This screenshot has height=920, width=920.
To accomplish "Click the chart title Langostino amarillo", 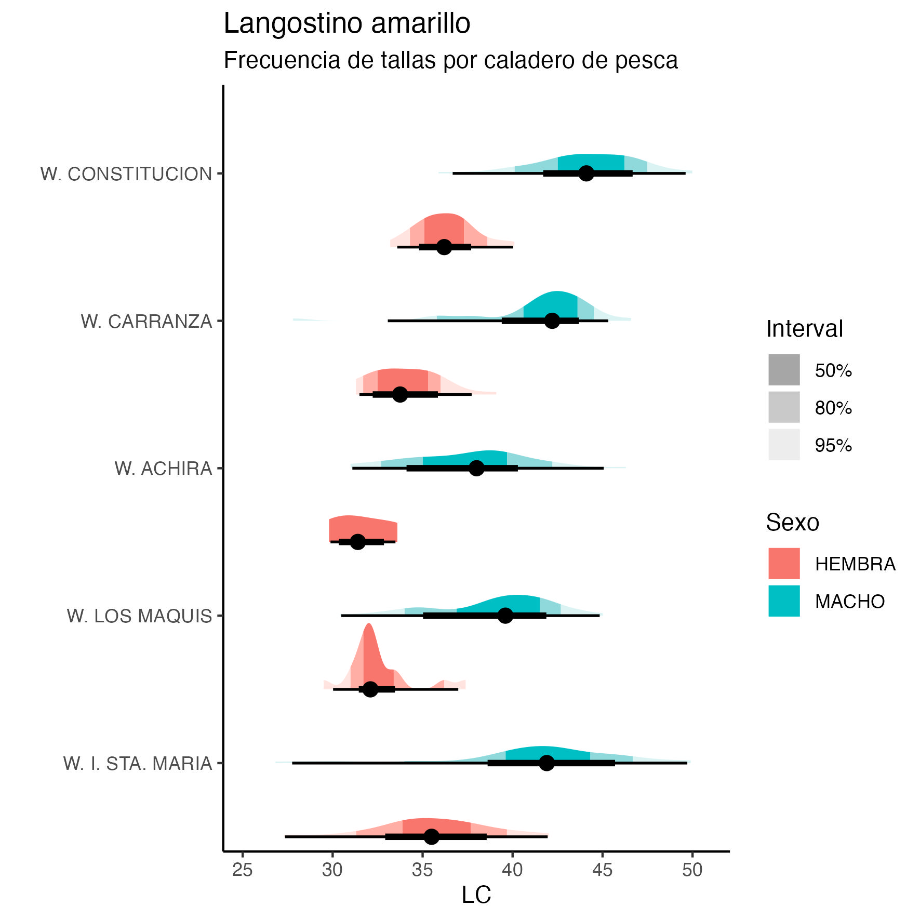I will pos(346,24).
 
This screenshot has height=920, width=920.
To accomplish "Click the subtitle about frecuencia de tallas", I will pos(450,61).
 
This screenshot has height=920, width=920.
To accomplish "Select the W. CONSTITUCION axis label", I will pos(126,174).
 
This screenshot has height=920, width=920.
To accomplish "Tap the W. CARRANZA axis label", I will pos(146,322).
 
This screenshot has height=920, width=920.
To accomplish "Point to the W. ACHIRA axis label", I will pos(163,469).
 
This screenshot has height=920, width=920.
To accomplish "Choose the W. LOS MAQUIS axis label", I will pos(139,616).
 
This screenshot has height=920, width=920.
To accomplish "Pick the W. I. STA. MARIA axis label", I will pos(138,764).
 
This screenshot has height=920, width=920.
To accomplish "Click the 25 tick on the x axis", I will pos(242,870).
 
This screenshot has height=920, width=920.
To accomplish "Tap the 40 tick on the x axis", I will pos(512,870).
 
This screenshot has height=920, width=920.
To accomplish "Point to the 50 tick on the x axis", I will pos(692,870).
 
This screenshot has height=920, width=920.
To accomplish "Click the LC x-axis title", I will pos(476,895).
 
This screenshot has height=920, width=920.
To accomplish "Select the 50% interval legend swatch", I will pos(784,370).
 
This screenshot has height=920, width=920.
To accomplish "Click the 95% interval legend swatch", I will pos(784,445).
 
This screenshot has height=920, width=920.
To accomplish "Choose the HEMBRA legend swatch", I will pos(784,563).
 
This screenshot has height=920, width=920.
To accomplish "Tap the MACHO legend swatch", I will pos(784,601).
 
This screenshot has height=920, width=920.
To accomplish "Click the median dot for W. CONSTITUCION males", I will pos(586,174).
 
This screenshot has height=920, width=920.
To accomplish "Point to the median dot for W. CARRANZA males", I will pos(552,321).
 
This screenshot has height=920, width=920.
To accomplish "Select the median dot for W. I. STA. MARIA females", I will pos(432,836).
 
